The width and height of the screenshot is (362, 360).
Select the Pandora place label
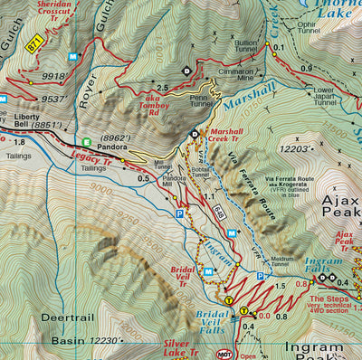coord(112,144)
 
